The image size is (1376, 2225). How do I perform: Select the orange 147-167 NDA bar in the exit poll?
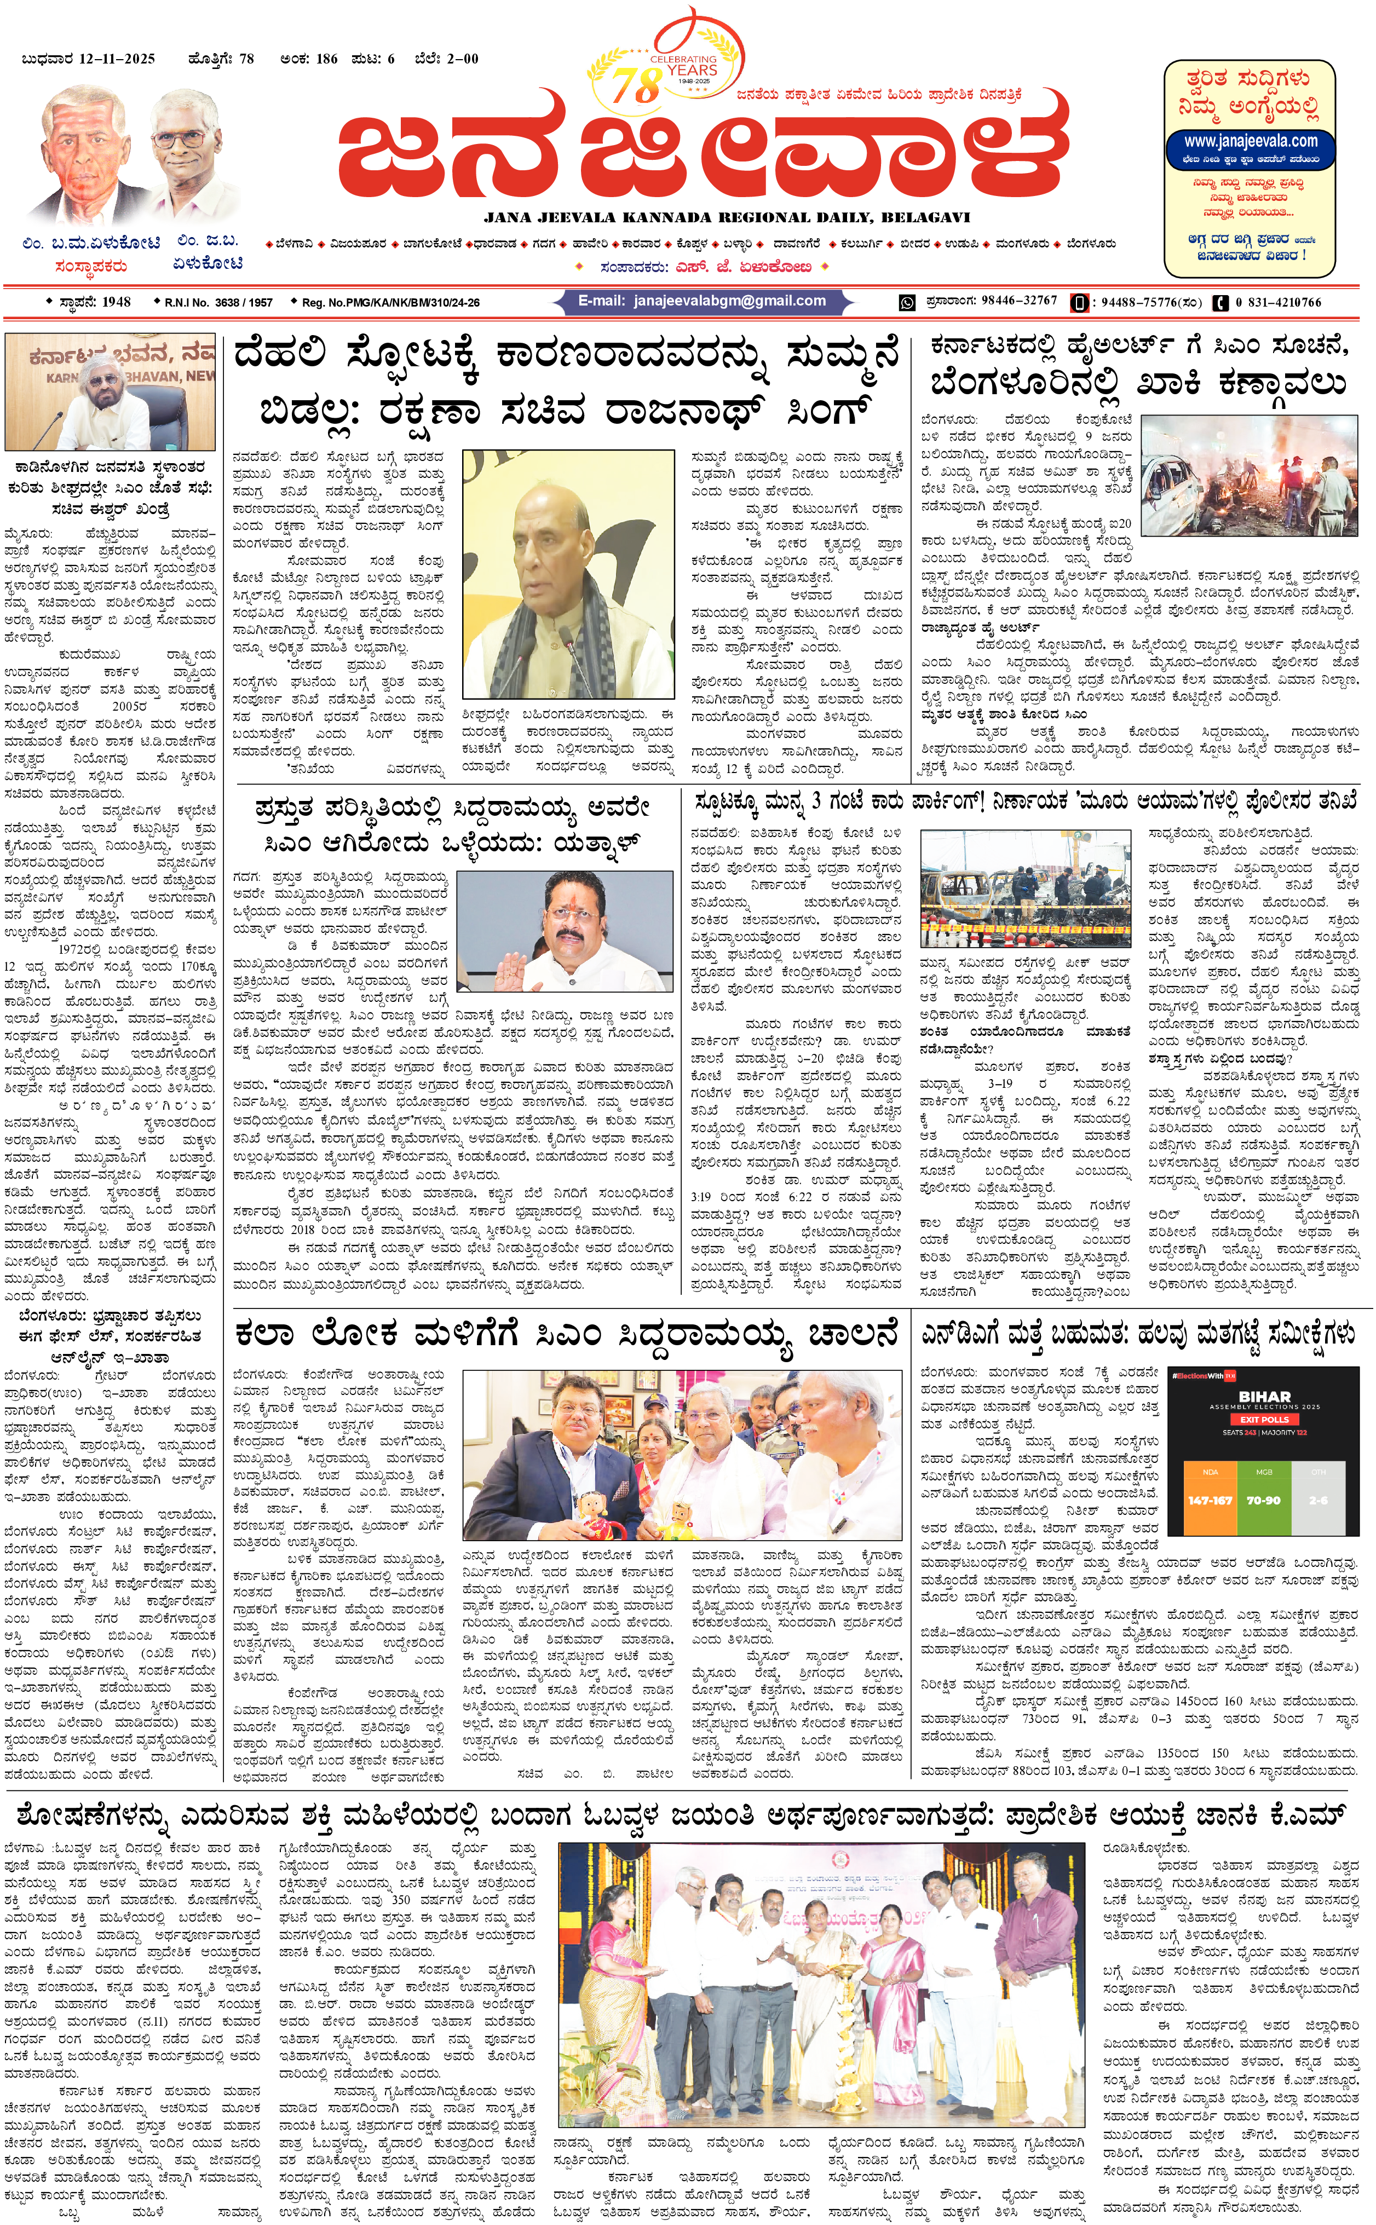coord(1210,1500)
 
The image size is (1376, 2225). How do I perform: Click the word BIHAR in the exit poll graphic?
coord(1264,1396)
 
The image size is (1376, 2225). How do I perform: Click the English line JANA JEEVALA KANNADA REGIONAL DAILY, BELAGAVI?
coord(726,217)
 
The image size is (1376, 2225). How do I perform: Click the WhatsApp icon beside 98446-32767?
coord(906,302)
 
